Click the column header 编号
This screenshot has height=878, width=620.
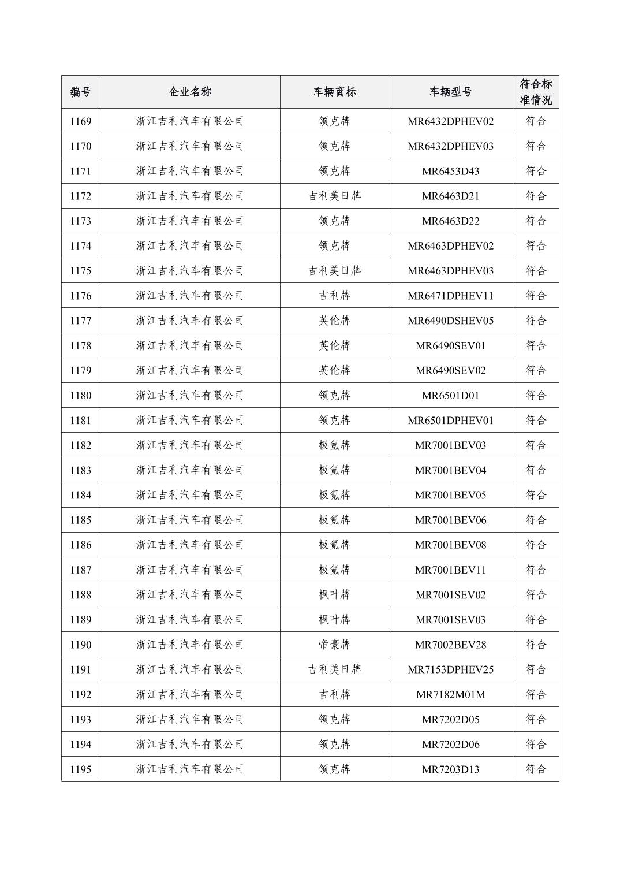click(80, 92)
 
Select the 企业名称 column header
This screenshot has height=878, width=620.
click(190, 92)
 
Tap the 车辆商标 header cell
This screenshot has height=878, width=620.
click(334, 92)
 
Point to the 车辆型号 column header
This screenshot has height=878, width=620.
click(450, 92)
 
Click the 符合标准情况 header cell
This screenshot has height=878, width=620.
click(536, 92)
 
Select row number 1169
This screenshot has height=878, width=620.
click(80, 121)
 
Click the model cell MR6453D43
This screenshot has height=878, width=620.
click(450, 171)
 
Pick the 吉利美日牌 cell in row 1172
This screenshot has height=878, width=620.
click(334, 196)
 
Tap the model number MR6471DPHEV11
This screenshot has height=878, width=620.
click(450, 296)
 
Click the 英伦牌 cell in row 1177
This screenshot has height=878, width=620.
click(334, 321)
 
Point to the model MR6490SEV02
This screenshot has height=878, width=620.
click(450, 370)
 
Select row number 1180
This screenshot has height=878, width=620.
click(80, 396)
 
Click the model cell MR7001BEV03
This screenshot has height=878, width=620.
click(450, 445)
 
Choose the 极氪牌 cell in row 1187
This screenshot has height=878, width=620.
click(334, 570)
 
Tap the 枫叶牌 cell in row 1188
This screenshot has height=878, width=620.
click(334, 595)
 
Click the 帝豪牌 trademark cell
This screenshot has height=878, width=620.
click(334, 645)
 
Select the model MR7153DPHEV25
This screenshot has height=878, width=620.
click(450, 669)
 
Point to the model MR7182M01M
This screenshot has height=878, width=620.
click(450, 694)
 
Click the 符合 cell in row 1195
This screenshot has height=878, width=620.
click(536, 769)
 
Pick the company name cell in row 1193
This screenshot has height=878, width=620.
click(190, 720)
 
